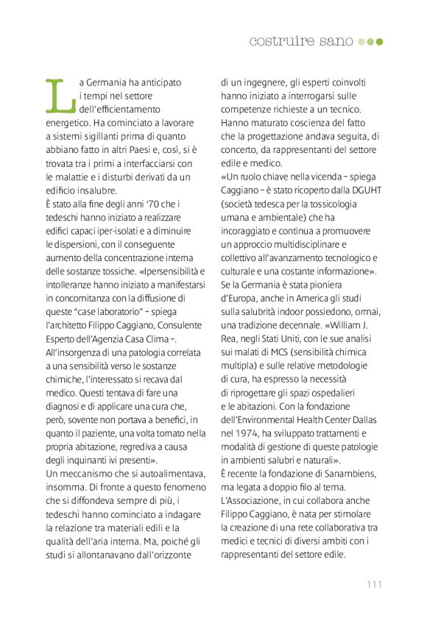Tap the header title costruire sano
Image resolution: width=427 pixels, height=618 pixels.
pos(301,40)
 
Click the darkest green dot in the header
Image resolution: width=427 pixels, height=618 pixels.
pos(380,41)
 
